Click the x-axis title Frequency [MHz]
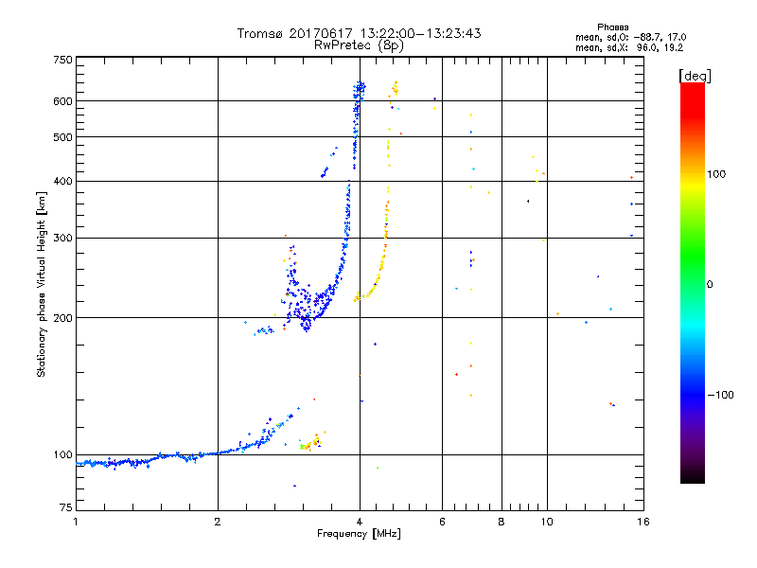click(x=360, y=534)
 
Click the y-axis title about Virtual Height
click(x=42, y=284)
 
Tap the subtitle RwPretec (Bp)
click(x=359, y=44)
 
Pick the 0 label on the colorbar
click(x=711, y=283)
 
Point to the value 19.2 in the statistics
click(x=671, y=45)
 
